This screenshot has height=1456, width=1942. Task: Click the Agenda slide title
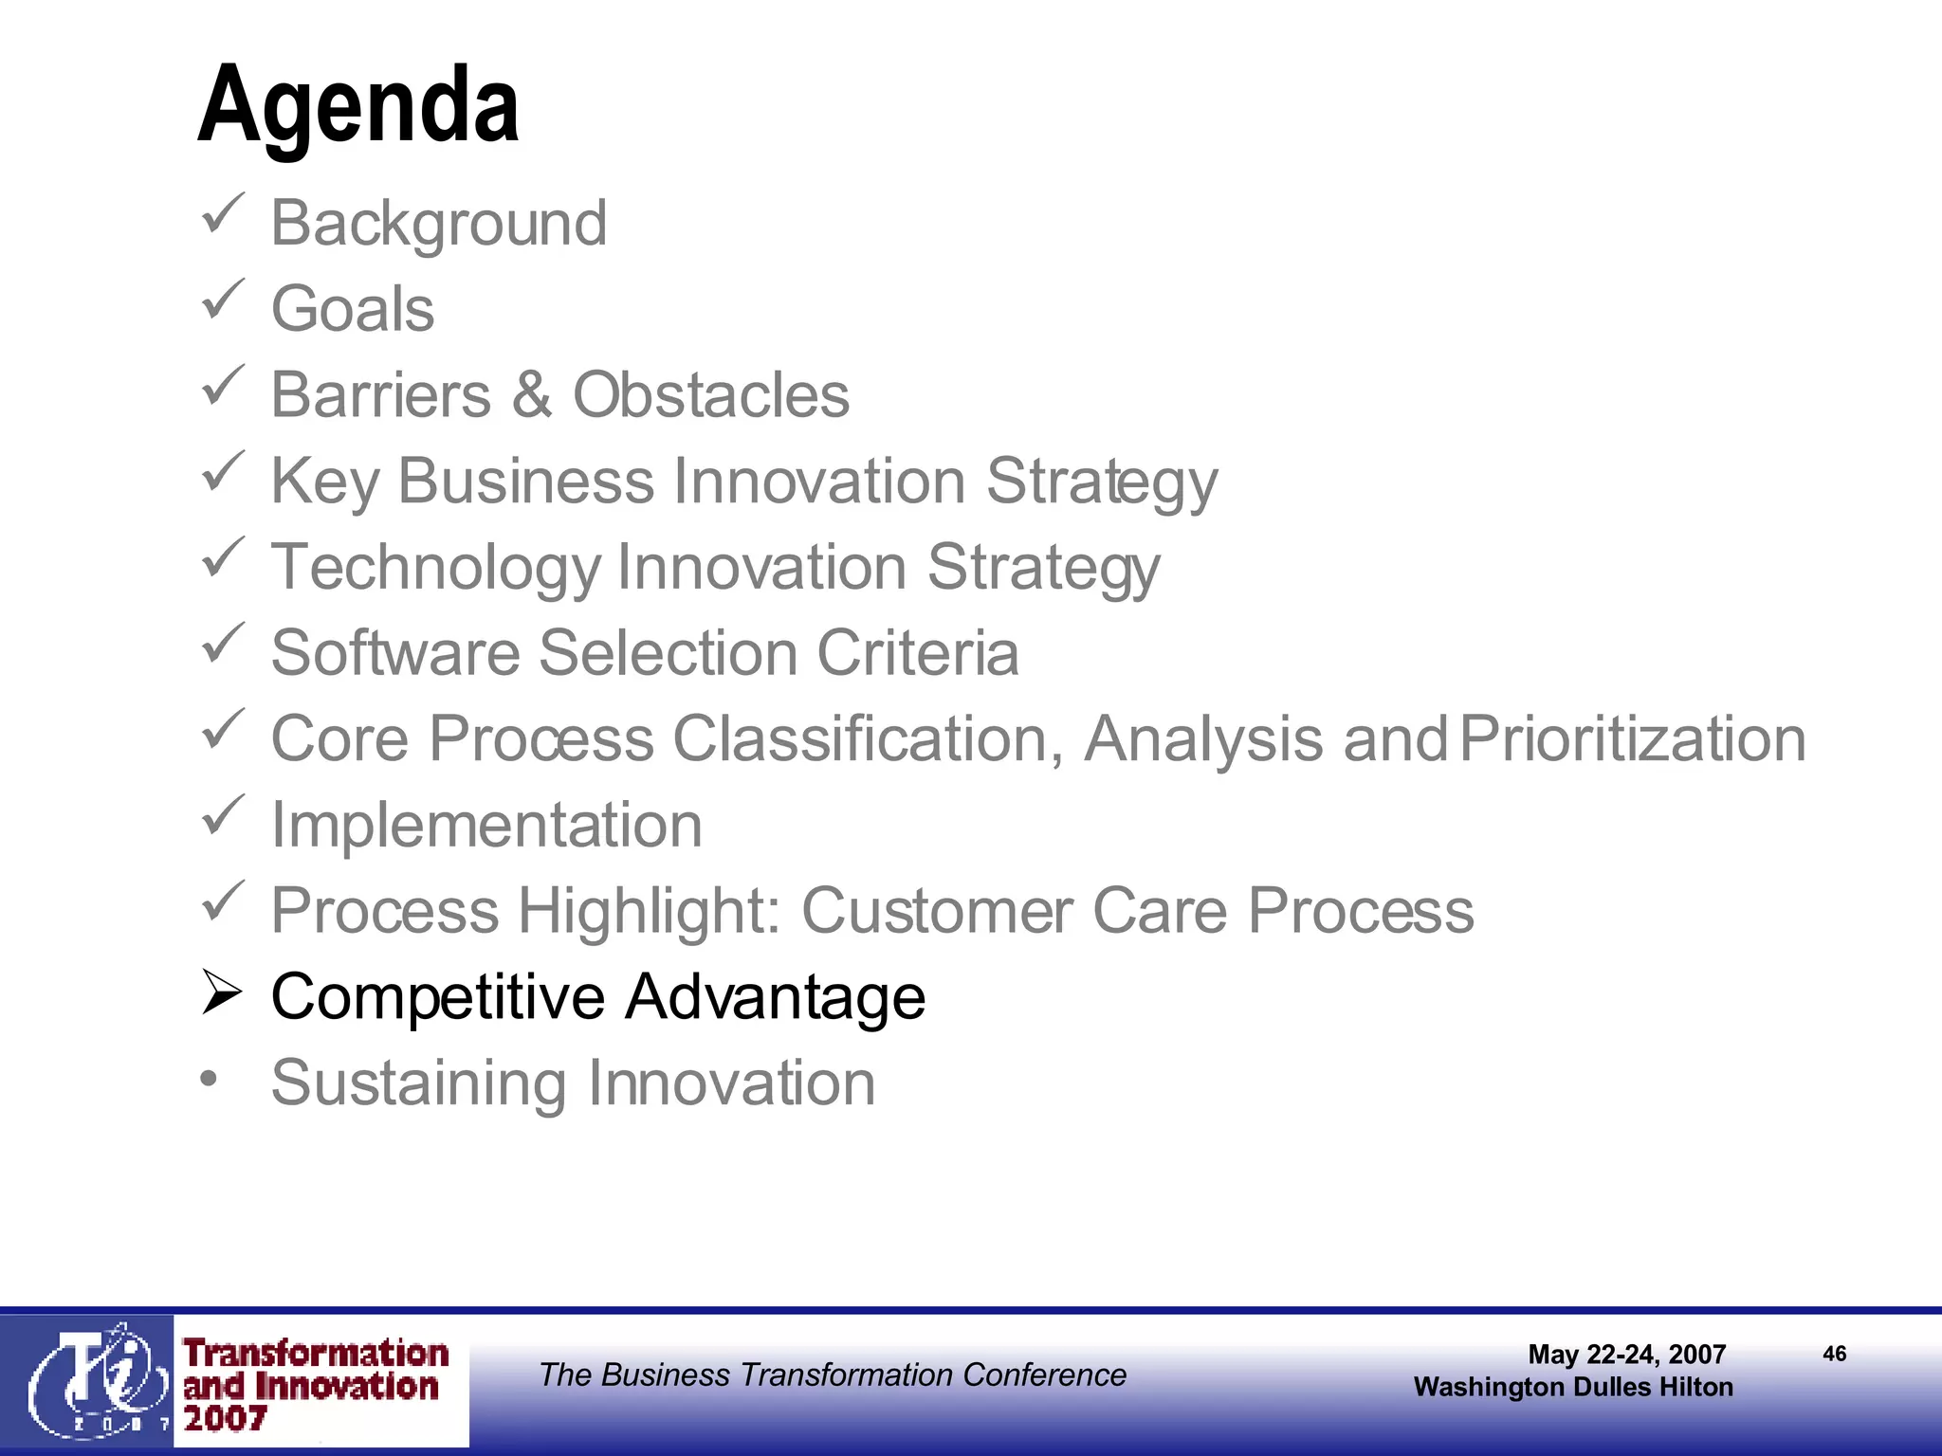point(358,106)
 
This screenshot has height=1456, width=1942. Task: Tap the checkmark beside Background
point(223,214)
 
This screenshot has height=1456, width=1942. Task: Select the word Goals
point(353,309)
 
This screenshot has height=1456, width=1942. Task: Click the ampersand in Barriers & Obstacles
point(532,395)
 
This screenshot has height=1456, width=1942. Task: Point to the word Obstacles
point(711,395)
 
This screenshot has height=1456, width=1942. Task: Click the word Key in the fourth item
point(325,482)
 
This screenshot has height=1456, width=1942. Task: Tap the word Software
point(395,653)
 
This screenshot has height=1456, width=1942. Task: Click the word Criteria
point(918,653)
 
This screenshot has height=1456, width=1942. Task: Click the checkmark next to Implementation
point(223,816)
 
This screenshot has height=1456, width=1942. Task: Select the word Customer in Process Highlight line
point(936,911)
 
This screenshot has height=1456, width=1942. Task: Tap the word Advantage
point(775,998)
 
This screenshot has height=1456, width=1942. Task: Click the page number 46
point(1834,1354)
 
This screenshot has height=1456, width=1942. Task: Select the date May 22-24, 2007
point(1626,1355)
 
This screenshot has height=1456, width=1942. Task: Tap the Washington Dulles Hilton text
point(1573,1387)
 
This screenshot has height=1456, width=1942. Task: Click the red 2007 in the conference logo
point(225,1419)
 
